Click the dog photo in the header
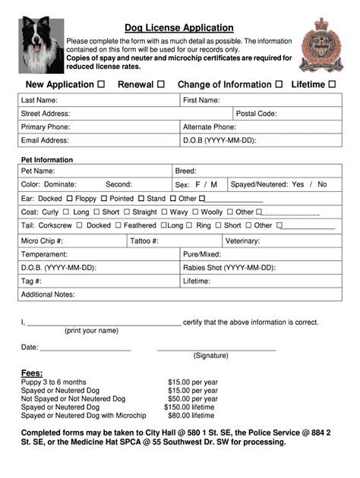[x=41, y=45]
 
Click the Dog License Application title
[x=179, y=28]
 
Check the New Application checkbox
[x=101, y=84]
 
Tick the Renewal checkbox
[x=160, y=84]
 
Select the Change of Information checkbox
[x=279, y=84]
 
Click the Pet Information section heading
[x=47, y=160]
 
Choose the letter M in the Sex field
[x=214, y=184]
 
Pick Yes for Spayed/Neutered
[x=298, y=184]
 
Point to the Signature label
[x=210, y=355]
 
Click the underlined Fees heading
[x=32, y=373]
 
